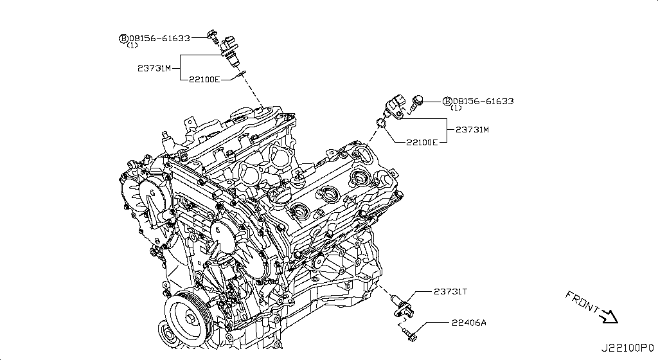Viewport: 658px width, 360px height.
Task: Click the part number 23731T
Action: [451, 291]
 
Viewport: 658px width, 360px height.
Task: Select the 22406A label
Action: [469, 322]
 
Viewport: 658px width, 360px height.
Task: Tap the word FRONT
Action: [582, 303]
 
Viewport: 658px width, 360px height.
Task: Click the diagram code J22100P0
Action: [627, 348]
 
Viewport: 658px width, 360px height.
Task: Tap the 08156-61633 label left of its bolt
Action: [159, 38]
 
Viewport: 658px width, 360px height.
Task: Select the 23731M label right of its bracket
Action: [472, 129]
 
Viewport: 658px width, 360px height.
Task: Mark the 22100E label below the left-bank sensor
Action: [204, 79]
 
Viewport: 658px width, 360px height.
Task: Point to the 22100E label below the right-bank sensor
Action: [422, 141]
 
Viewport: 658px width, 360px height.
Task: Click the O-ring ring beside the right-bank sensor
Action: [381, 122]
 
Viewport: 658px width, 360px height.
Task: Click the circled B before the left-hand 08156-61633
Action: [123, 39]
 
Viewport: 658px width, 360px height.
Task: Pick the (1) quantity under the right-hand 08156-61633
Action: [455, 109]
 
